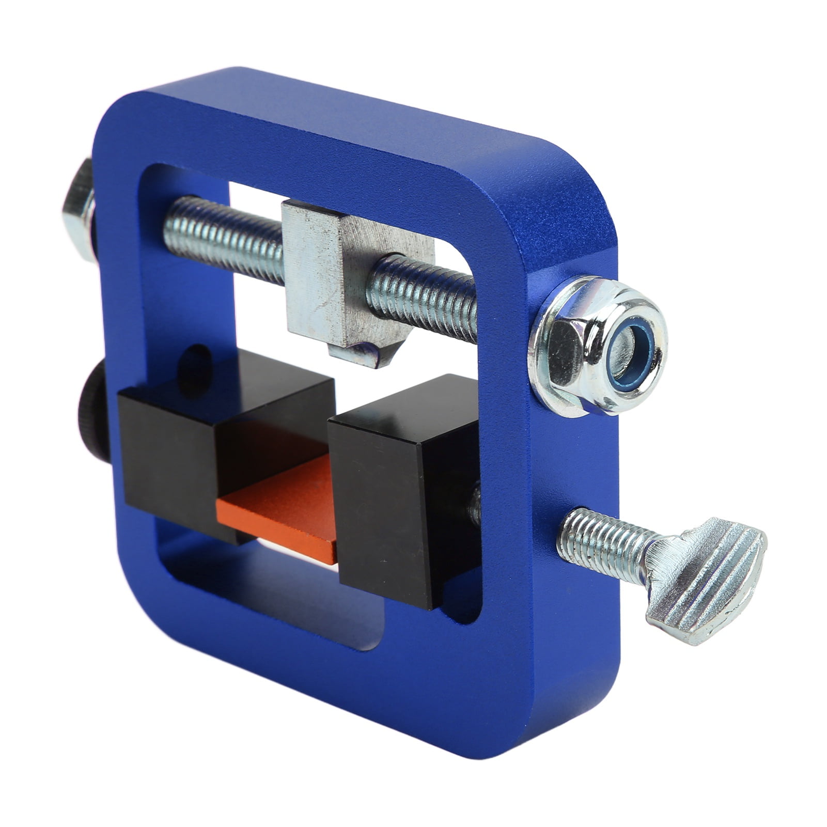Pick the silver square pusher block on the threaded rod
click(331, 274)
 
